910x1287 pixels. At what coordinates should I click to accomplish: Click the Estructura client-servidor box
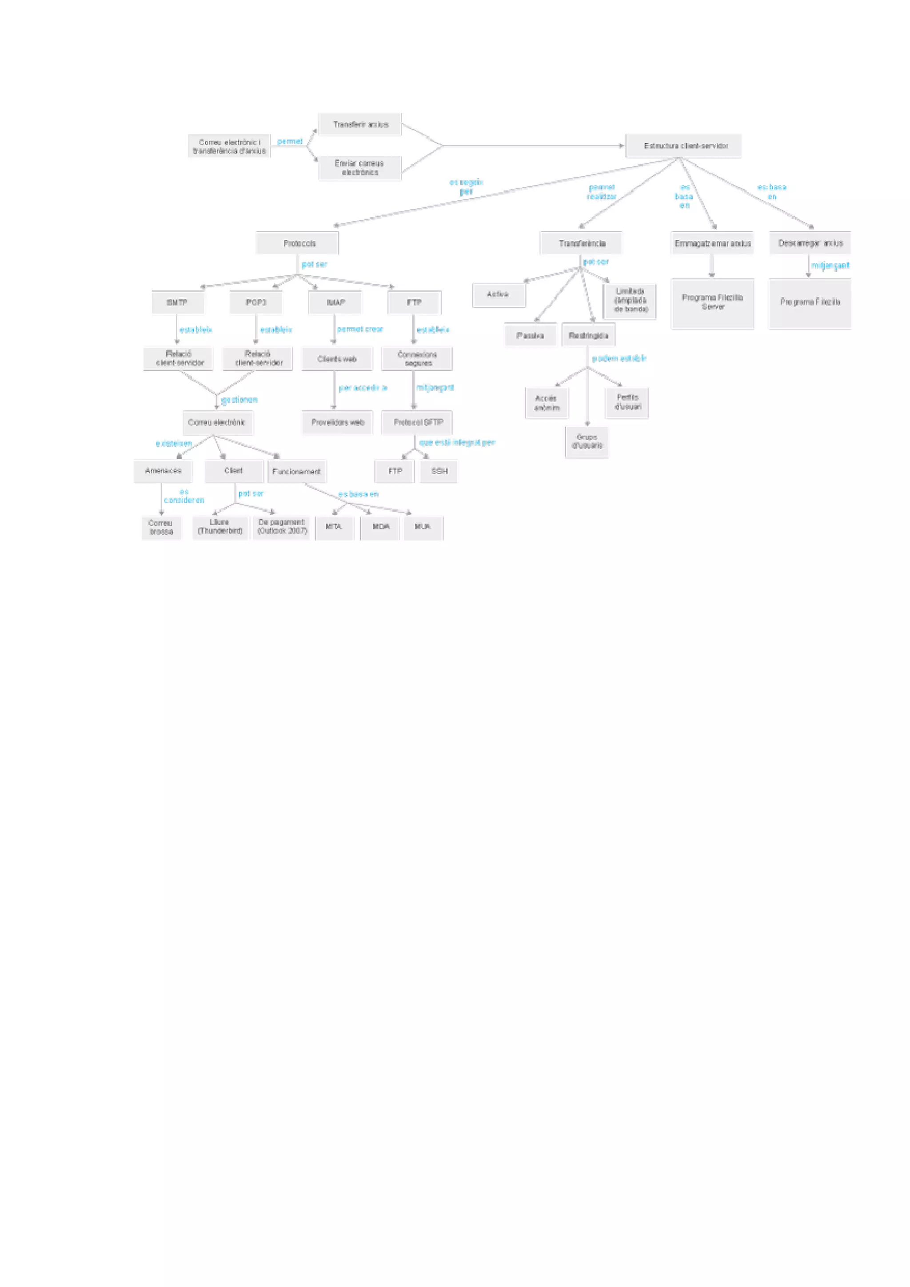tap(683, 146)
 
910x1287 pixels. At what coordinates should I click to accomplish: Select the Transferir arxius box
tap(360, 124)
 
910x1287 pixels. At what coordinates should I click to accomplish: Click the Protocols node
tap(297, 243)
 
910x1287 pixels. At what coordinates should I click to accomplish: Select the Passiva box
tap(531, 336)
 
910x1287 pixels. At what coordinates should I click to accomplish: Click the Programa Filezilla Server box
tap(712, 303)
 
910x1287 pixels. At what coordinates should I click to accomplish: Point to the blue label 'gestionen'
tap(239, 400)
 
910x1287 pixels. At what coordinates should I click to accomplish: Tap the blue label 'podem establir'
tap(619, 358)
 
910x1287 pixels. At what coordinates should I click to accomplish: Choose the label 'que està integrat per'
tap(457, 443)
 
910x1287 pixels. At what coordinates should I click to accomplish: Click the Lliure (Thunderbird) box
tap(220, 527)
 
